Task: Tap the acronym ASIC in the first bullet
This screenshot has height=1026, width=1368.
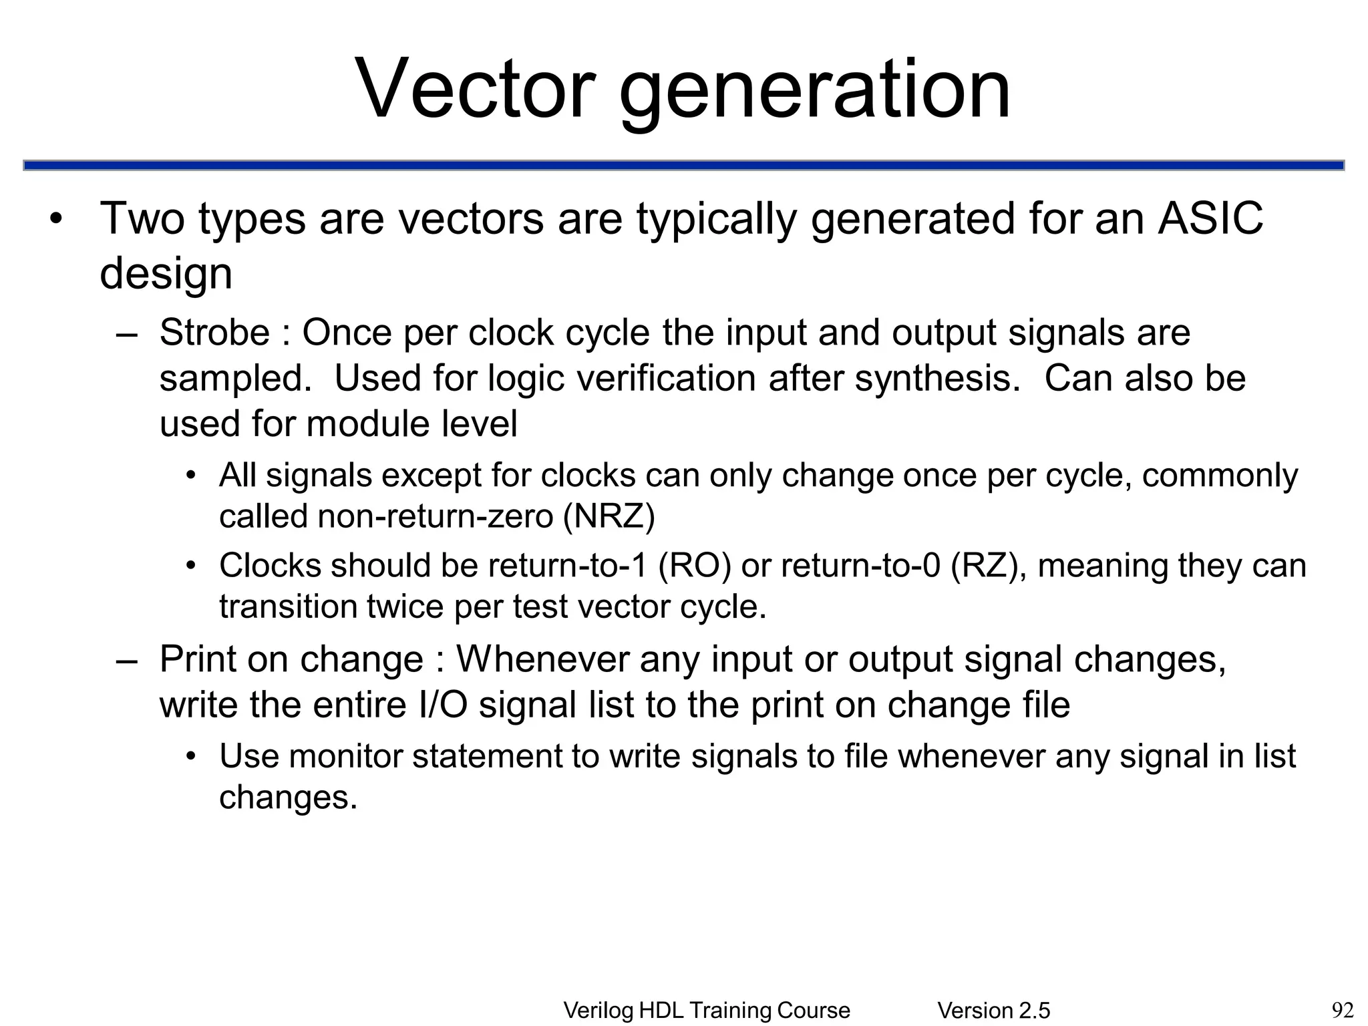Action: [1210, 218]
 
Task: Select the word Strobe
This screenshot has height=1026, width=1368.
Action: [214, 333]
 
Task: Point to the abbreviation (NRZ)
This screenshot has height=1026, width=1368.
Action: [609, 516]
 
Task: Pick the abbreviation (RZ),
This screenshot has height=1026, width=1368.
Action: [988, 566]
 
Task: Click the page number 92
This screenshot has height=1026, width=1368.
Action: [1342, 1010]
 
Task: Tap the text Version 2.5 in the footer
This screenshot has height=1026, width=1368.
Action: [993, 1011]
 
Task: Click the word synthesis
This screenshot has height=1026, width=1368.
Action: [937, 379]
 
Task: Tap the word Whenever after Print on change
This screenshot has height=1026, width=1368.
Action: [542, 659]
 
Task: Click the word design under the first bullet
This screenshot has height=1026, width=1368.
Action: [166, 273]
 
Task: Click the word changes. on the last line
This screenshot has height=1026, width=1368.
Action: [288, 798]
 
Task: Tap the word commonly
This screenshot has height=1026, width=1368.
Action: [1220, 476]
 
